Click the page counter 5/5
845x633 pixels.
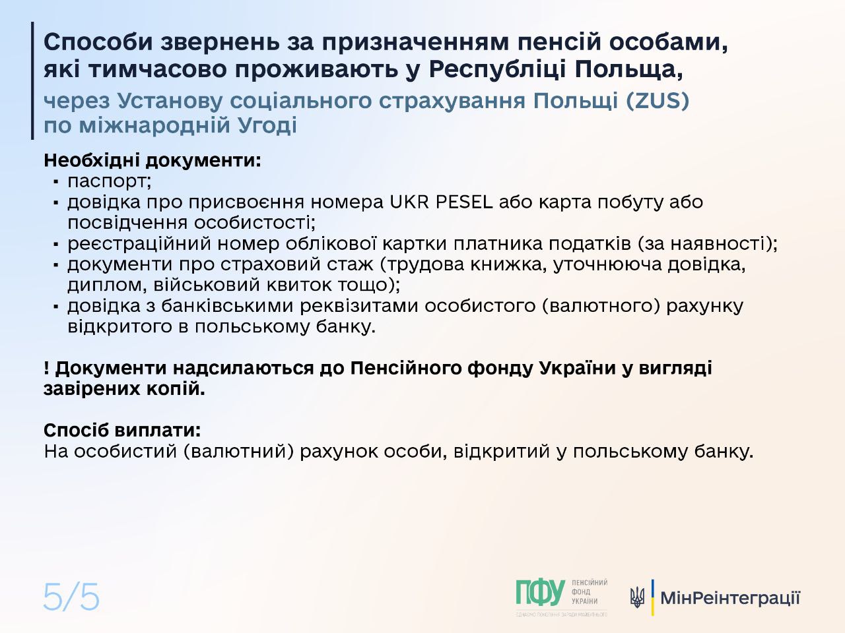point(71,597)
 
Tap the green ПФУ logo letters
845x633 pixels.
point(540,593)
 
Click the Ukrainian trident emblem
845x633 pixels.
point(637,597)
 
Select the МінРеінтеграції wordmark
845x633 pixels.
point(730,598)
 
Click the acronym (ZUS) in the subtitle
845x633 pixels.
point(658,101)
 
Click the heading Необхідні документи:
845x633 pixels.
point(152,160)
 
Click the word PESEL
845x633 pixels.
point(464,202)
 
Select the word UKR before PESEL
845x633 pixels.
point(409,202)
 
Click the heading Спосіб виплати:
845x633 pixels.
point(122,430)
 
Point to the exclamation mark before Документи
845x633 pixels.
point(46,368)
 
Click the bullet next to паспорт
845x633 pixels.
point(56,182)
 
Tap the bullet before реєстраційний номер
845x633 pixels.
point(56,244)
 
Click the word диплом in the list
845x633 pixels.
point(107,285)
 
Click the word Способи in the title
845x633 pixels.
point(98,42)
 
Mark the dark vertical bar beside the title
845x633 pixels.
point(32,80)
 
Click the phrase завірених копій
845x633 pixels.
point(124,389)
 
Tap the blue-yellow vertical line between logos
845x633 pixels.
point(652,597)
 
